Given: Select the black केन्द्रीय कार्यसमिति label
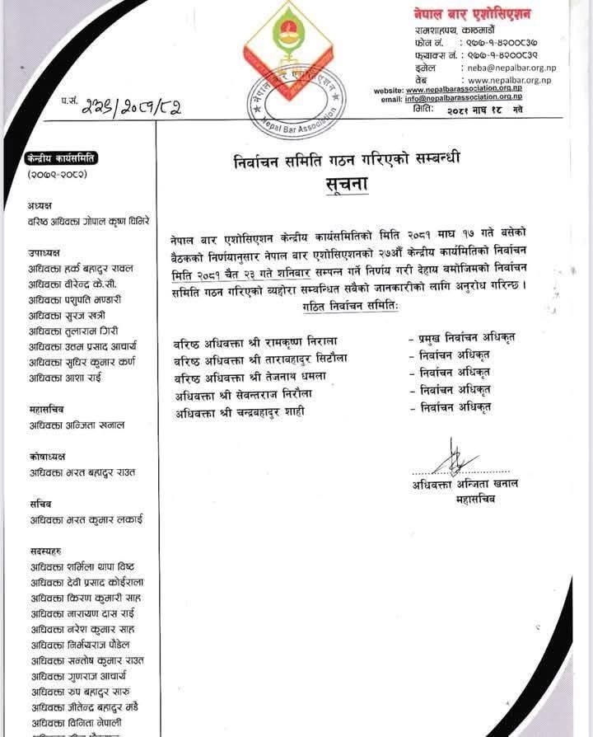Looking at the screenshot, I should [x=62, y=159].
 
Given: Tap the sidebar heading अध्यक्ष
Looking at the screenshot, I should [x=39, y=204].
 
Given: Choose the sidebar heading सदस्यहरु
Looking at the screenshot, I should [x=44, y=551].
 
